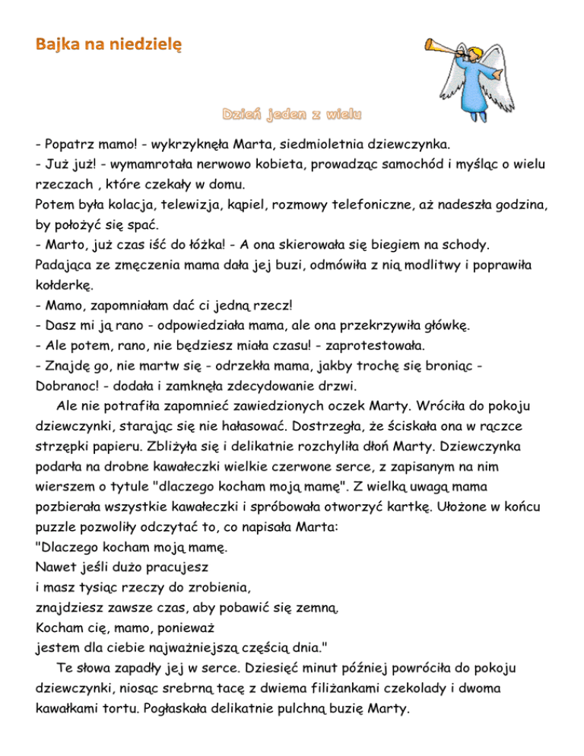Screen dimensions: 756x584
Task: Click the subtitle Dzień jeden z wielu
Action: tap(292, 116)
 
